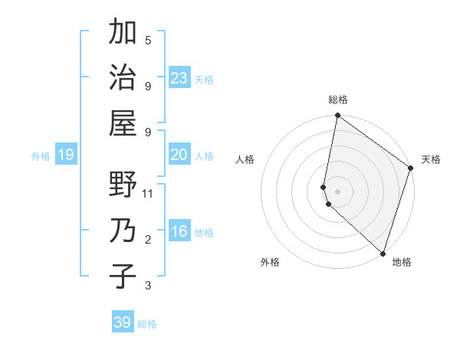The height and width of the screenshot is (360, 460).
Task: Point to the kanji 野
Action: pyautogui.click(x=123, y=186)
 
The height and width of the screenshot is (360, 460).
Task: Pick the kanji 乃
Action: pyautogui.click(x=123, y=231)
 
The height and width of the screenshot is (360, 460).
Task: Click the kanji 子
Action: pyautogui.click(x=123, y=276)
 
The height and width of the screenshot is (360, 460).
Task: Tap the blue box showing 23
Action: pyautogui.click(x=179, y=77)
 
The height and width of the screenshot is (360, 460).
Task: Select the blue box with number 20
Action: pyautogui.click(x=179, y=155)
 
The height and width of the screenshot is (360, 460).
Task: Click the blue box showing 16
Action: pyautogui.click(x=179, y=231)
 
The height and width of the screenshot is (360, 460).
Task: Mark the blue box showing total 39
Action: pyautogui.click(x=123, y=322)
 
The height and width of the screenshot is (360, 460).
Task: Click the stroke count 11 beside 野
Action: pyautogui.click(x=148, y=193)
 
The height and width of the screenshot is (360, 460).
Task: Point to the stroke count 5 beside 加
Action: pyautogui.click(x=148, y=40)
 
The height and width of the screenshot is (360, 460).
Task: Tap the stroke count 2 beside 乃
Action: pyautogui.click(x=148, y=241)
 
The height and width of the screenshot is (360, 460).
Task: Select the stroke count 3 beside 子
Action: pyautogui.click(x=148, y=286)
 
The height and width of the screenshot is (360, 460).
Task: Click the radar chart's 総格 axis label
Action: pyautogui.click(x=338, y=100)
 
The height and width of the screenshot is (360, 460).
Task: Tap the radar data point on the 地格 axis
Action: pyautogui.click(x=383, y=253)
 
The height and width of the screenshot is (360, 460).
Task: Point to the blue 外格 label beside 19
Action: pyautogui.click(x=41, y=156)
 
